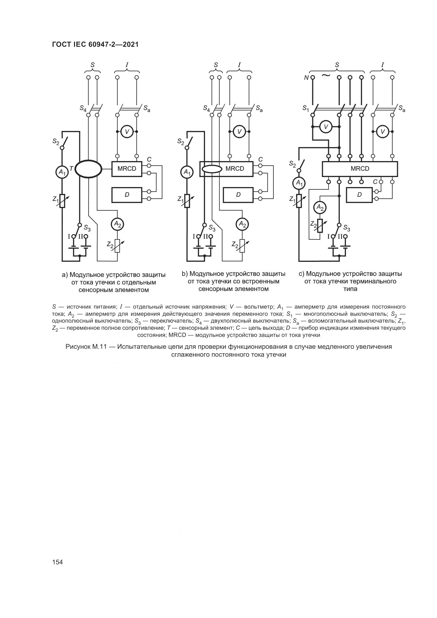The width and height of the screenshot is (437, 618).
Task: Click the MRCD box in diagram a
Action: point(127,169)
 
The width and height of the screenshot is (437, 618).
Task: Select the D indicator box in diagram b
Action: point(238,195)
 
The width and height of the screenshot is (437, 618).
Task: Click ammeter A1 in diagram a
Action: point(62,172)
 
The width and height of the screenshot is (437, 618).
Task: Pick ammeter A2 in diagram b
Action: point(243,224)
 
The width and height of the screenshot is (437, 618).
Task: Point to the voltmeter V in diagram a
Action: point(127,131)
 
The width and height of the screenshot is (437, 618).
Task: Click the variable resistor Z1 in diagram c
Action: point(299,201)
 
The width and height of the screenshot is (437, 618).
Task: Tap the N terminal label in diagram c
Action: point(306,78)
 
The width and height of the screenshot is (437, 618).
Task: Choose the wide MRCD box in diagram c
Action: point(360,169)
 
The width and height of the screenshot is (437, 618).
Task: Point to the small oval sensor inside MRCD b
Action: point(212,169)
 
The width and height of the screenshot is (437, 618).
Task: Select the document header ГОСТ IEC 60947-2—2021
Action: point(95,44)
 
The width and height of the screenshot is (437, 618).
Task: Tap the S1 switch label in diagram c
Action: point(306,108)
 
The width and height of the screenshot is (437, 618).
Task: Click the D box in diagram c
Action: point(360,195)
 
